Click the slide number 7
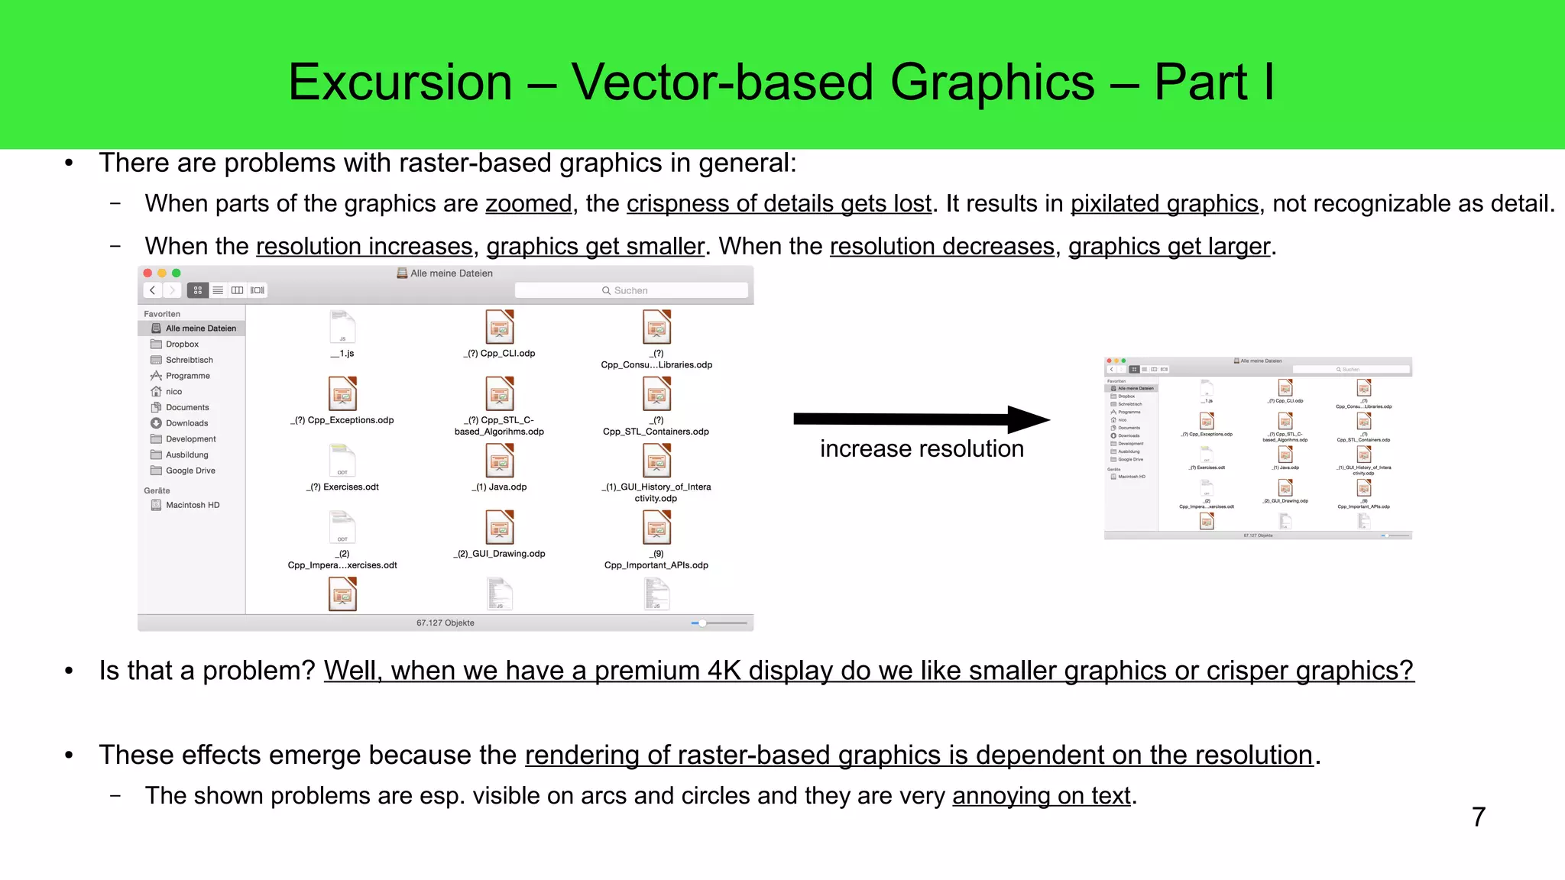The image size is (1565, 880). [1479, 817]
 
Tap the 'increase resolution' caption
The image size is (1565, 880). [922, 448]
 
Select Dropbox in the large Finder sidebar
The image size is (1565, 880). [182, 345]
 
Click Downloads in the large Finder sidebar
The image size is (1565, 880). [186, 423]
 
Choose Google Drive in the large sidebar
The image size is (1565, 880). [190, 471]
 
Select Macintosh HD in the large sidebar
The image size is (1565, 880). [192, 505]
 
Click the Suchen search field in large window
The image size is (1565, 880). [630, 290]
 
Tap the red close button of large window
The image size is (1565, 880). [147, 273]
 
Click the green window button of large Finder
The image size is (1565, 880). [177, 273]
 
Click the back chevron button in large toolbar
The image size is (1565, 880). [153, 290]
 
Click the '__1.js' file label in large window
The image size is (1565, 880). [342, 354]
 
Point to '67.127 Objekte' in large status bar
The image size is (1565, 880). [445, 623]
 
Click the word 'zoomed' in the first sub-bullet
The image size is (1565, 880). [528, 204]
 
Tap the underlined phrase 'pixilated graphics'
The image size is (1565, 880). [1164, 204]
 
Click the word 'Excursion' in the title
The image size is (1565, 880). [400, 82]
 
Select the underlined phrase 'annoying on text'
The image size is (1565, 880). [1041, 796]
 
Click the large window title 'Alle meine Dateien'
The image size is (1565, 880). [451, 273]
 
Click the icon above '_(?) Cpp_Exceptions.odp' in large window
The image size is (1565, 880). [342, 394]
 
